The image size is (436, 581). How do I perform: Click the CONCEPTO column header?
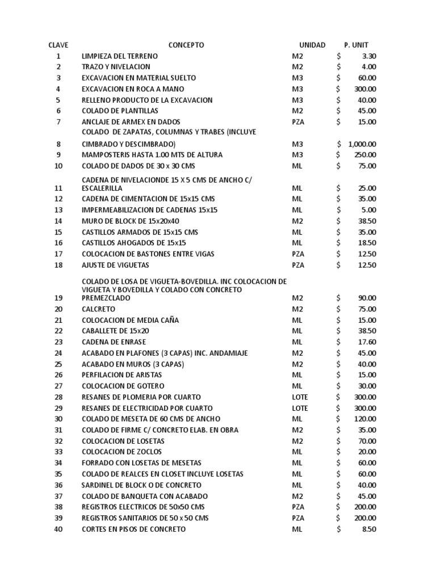pyautogui.click(x=186, y=45)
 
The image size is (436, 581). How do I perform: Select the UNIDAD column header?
pyautogui.click(x=312, y=45)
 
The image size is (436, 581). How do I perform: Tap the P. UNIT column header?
pyautogui.click(x=356, y=45)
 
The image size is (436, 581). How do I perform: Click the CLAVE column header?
pyautogui.click(x=58, y=45)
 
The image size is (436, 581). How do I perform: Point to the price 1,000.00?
pyautogui.click(x=362, y=144)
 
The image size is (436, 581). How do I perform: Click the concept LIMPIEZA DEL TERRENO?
pyautogui.click(x=120, y=56)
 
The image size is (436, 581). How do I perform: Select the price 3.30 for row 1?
pyautogui.click(x=368, y=56)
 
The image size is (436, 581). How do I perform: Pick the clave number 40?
pyautogui.click(x=58, y=529)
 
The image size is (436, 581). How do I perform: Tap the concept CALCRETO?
pyautogui.click(x=98, y=309)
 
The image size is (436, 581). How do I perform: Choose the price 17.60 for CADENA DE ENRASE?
pyautogui.click(x=366, y=342)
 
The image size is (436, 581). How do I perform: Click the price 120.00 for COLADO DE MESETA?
pyautogui.click(x=364, y=419)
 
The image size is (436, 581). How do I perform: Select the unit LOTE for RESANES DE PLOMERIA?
pyautogui.click(x=300, y=397)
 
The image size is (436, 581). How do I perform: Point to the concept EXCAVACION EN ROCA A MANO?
pyautogui.click(x=133, y=89)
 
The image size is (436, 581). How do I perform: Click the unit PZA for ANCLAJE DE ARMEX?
pyautogui.click(x=298, y=122)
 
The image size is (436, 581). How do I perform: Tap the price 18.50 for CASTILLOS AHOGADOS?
pyautogui.click(x=366, y=243)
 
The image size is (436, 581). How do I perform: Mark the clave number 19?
pyautogui.click(x=58, y=298)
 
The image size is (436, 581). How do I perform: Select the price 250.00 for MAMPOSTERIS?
pyautogui.click(x=364, y=155)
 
